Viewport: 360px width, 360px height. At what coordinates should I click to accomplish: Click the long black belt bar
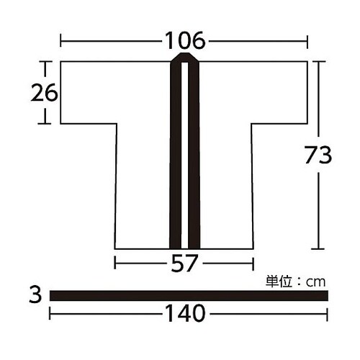click(187, 295)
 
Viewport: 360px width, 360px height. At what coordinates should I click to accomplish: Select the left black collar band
click(174, 158)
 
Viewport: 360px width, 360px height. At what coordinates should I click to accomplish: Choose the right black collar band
click(194, 158)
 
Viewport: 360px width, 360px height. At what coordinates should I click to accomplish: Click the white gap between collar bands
click(184, 158)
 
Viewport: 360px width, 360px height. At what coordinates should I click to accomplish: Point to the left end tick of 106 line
click(60, 41)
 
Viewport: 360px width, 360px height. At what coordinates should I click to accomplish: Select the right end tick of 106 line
click(309, 41)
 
